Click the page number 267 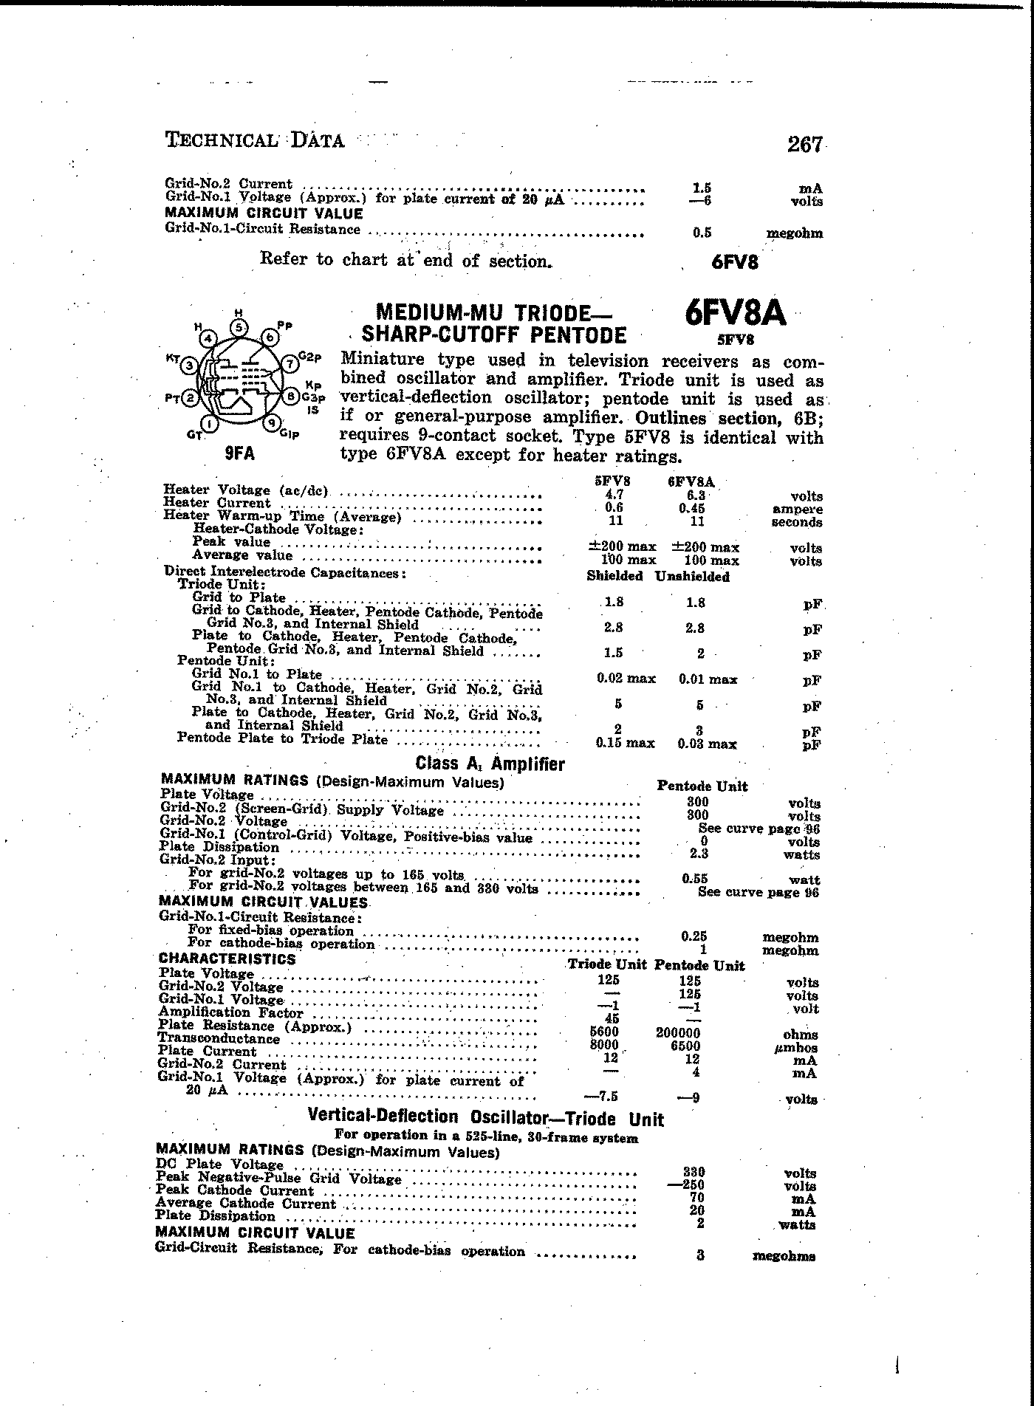tap(804, 144)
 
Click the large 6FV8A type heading tap(735, 315)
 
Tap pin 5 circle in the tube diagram tap(239, 327)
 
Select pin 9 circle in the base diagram tap(271, 423)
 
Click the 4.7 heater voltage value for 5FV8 tap(614, 495)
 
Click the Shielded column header tap(614, 576)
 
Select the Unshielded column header tap(692, 577)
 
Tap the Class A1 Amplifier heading tap(490, 764)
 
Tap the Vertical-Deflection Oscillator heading tap(485, 1119)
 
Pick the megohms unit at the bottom tap(784, 1256)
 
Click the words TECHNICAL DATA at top tap(254, 140)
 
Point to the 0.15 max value tap(625, 744)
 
